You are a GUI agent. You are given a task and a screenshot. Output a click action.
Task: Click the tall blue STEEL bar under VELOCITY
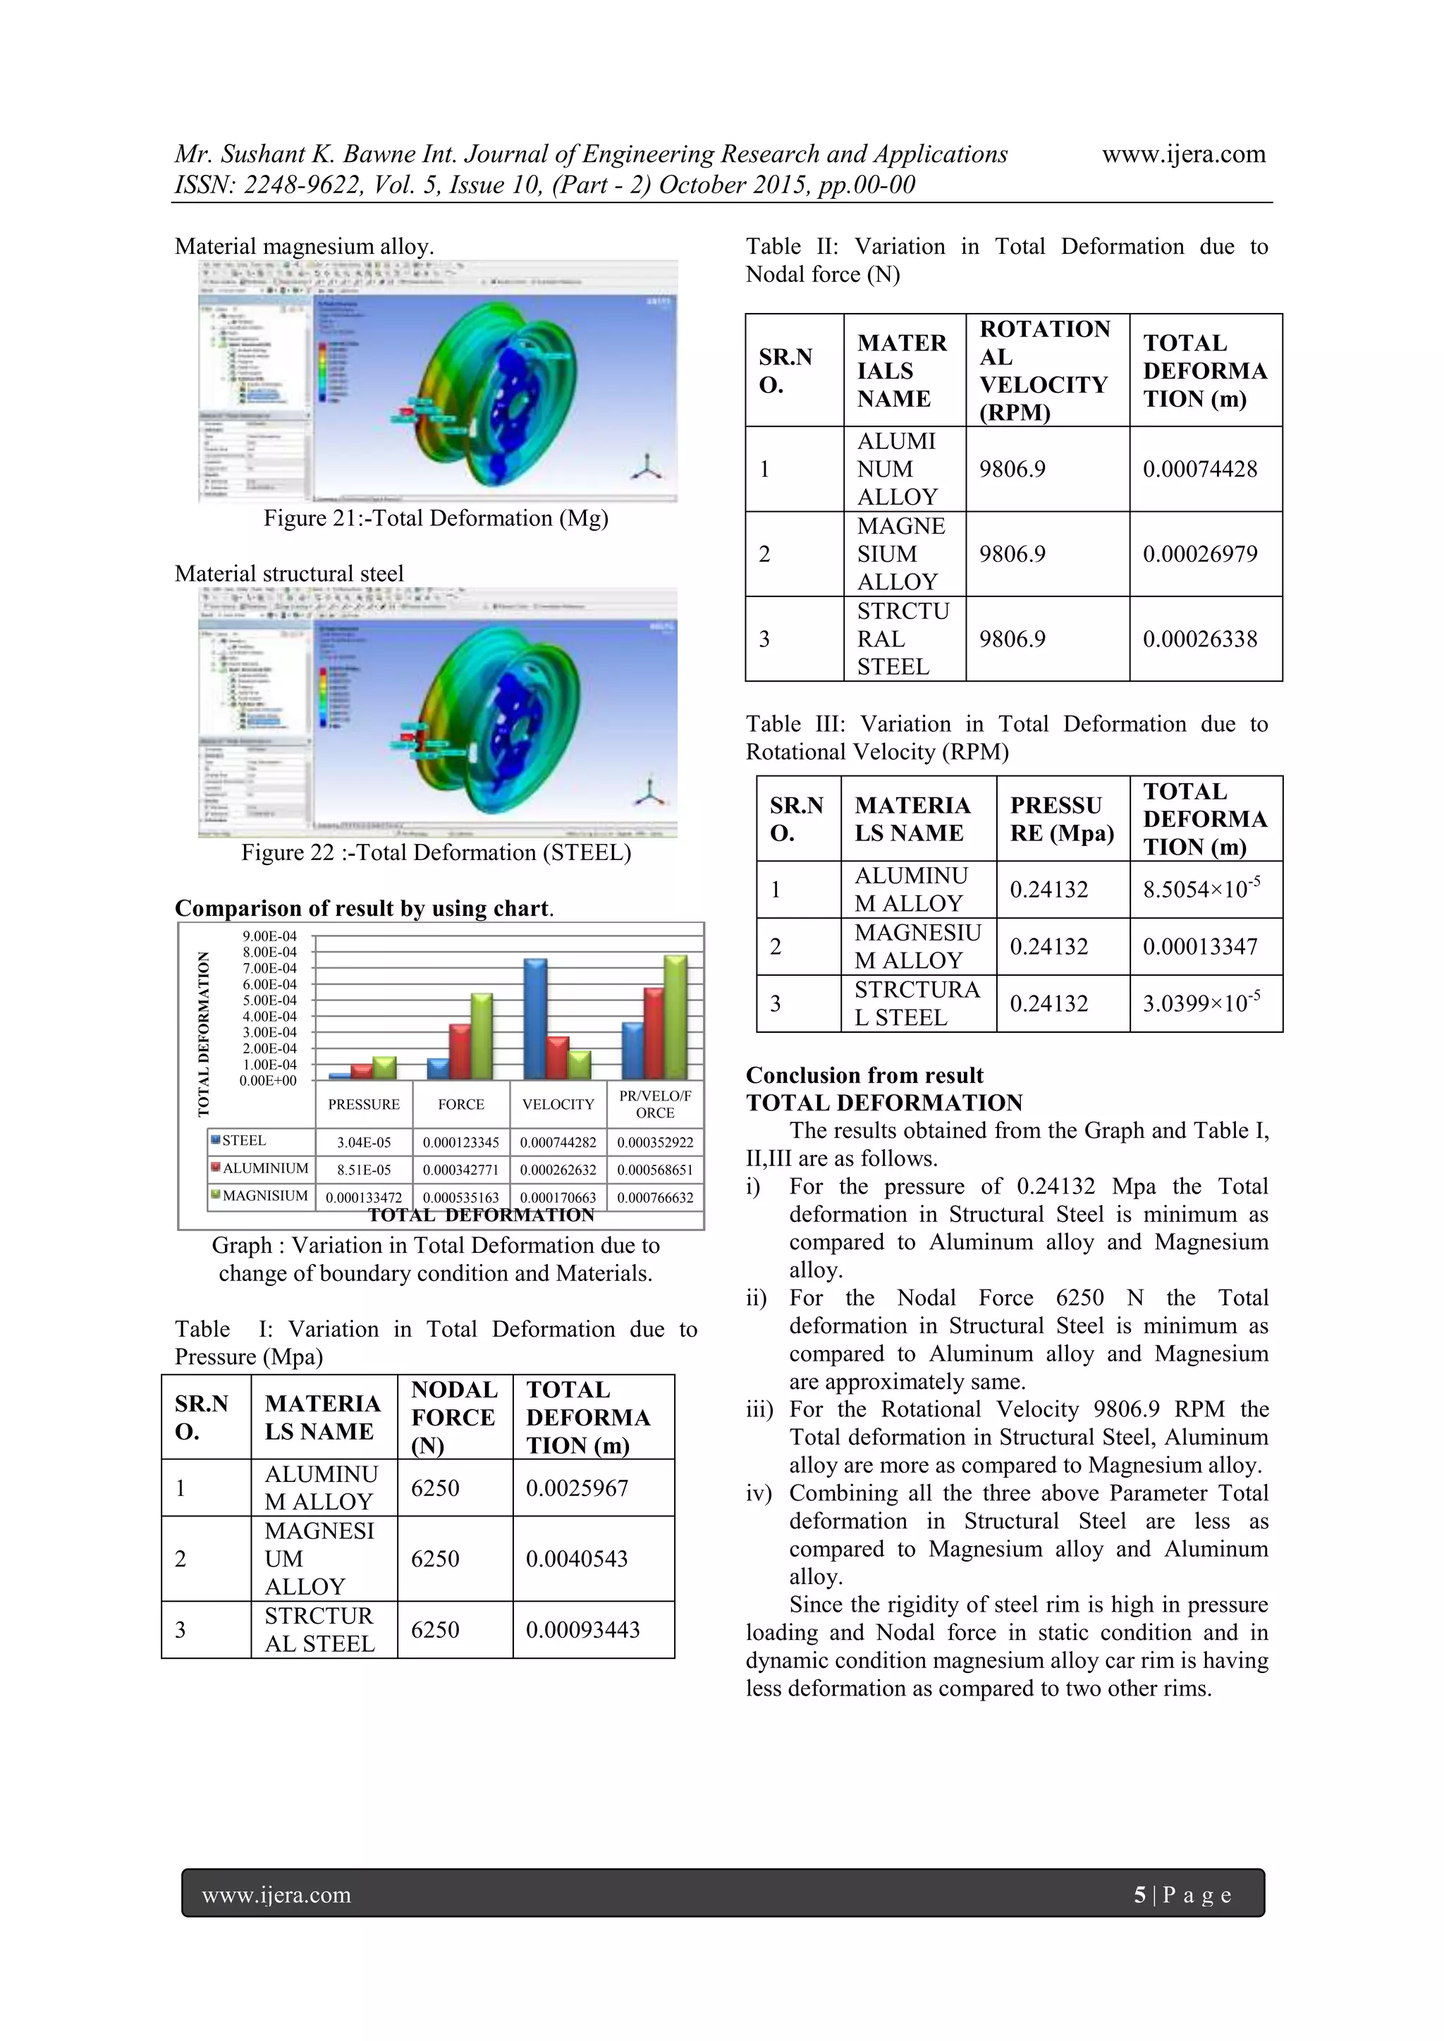[x=535, y=1019]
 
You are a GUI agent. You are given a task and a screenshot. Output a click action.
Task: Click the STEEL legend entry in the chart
[x=243, y=1141]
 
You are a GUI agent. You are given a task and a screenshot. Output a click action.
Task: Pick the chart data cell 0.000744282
[x=558, y=1142]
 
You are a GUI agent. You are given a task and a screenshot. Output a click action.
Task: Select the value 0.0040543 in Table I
[x=576, y=1558]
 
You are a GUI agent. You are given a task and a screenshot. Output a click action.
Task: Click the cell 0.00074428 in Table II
[x=1199, y=470]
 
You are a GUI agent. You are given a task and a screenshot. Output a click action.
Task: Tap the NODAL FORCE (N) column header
[x=453, y=1417]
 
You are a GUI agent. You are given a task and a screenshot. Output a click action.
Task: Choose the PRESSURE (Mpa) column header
[x=1062, y=819]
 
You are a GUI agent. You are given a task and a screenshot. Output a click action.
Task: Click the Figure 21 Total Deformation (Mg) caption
[x=436, y=518]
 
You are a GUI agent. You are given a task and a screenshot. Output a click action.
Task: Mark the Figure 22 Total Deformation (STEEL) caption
[x=436, y=852]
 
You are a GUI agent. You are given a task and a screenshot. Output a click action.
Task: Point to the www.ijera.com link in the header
[x=1184, y=154]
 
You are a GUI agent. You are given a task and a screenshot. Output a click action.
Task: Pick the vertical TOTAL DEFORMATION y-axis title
[x=204, y=1033]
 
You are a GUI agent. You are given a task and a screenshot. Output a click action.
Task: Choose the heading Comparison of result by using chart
[x=364, y=909]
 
